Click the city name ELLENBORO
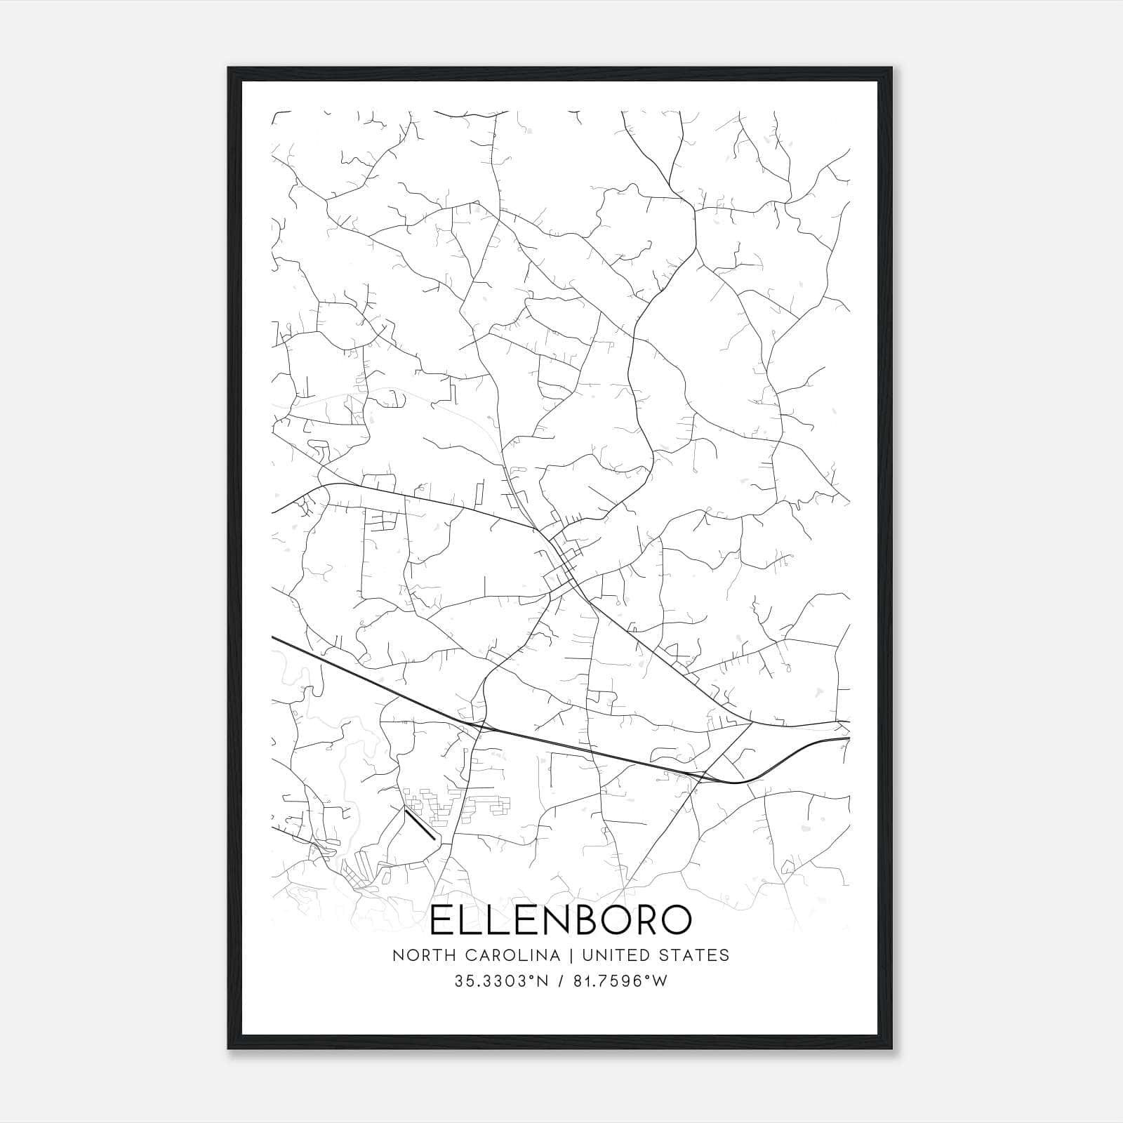(560, 920)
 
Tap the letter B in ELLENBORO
(589, 920)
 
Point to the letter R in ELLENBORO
(646, 920)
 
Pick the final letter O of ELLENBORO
(676, 920)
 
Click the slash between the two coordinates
(560, 982)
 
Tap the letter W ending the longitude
(660, 982)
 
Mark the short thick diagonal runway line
(420, 824)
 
